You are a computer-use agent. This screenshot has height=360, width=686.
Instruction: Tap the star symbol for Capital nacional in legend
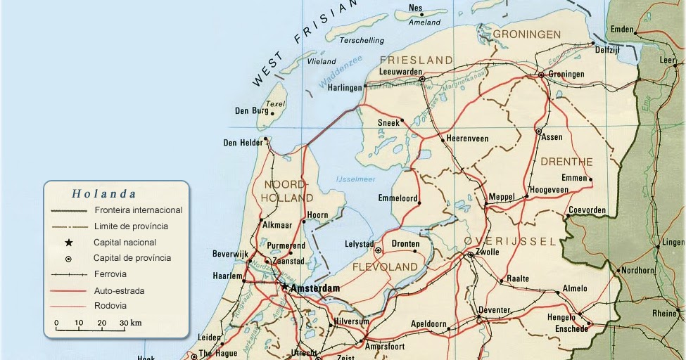click(69, 243)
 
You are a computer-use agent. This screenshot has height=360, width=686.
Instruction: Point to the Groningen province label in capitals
click(526, 34)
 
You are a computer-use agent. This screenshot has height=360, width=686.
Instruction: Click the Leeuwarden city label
click(400, 72)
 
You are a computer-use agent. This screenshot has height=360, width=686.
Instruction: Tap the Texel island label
click(275, 104)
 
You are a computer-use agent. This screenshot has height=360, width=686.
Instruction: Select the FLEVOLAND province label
click(385, 267)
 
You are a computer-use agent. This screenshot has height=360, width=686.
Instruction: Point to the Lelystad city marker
click(378, 250)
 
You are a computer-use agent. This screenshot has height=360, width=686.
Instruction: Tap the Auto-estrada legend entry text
click(120, 290)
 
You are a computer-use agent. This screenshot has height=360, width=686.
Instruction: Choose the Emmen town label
click(574, 178)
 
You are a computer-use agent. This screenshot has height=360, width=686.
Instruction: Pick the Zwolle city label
click(488, 252)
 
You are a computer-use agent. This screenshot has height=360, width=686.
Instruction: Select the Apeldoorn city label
click(428, 325)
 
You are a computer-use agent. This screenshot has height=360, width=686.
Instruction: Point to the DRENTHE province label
click(566, 162)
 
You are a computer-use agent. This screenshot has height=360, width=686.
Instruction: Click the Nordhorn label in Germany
click(638, 270)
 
